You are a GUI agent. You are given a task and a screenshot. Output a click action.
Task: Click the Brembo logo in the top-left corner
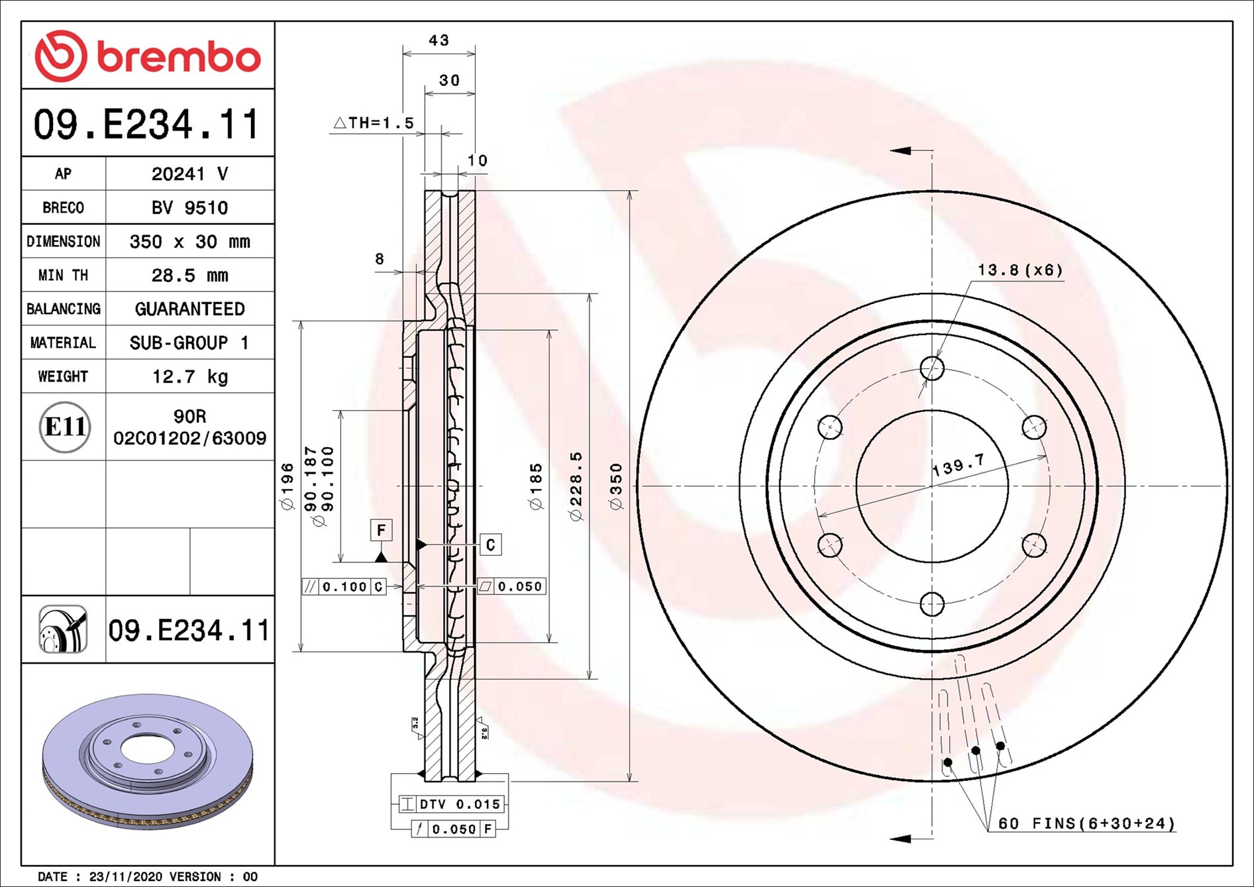tap(148, 56)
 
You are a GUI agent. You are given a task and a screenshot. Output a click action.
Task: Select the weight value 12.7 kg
tap(190, 376)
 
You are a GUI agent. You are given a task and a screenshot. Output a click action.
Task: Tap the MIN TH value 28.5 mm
tap(190, 275)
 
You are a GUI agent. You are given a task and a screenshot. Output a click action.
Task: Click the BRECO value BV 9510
tap(190, 207)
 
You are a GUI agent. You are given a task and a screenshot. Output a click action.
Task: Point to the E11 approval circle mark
tap(64, 427)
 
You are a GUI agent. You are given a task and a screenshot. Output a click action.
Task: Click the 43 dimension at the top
tap(439, 40)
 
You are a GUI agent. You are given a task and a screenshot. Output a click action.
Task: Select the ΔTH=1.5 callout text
tap(374, 123)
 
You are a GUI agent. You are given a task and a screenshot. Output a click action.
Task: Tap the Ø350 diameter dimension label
tap(616, 486)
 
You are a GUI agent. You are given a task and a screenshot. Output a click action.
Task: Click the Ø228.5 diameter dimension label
tap(576, 486)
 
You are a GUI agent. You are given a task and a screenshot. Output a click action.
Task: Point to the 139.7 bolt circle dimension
tap(959, 465)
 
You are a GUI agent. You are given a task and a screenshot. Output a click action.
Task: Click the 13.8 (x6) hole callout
tap(1020, 270)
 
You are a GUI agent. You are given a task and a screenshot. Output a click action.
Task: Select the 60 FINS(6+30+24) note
tap(1086, 823)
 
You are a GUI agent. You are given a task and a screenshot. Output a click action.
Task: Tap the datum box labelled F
tap(381, 530)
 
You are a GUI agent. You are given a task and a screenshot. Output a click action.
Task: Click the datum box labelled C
tap(490, 545)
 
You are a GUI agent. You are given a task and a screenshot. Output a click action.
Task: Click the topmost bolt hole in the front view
tap(932, 368)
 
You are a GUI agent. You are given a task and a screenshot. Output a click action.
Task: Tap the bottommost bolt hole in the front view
tap(932, 604)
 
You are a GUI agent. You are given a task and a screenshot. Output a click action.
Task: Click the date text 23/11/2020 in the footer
tap(125, 876)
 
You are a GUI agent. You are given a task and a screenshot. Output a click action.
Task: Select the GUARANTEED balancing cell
tap(190, 309)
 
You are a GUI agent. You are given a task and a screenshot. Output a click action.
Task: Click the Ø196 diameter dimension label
tap(287, 486)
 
